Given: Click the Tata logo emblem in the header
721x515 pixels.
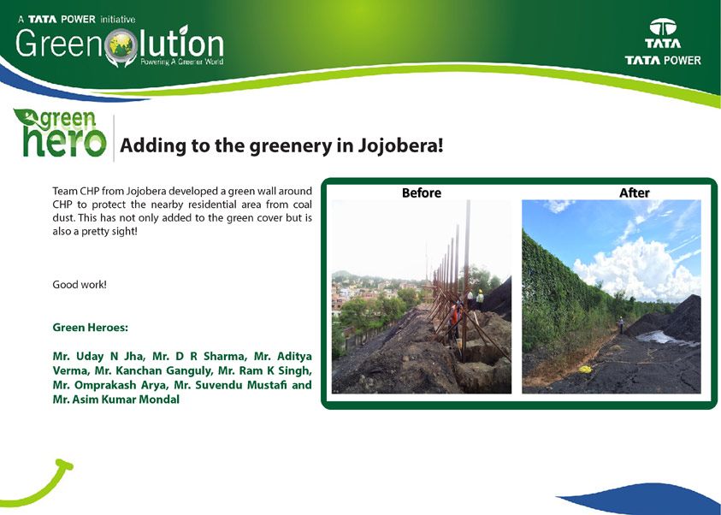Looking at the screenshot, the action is pos(663,27).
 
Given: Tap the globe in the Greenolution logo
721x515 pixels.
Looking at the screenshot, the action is pos(121,45).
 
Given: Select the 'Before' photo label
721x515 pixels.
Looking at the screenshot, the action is pos(421,192).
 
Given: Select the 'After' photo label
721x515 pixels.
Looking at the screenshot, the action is pos(635,192).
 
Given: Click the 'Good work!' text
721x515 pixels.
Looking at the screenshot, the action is pos(80,285).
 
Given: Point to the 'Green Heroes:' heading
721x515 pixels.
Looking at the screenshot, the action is pos(90,328).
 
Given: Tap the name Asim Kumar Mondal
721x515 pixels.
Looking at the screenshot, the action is pos(126,400).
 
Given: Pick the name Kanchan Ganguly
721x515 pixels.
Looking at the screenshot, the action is pos(164,370).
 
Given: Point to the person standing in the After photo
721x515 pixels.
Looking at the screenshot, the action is pos(621,324).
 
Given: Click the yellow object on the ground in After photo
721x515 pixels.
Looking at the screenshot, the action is pos(585,369).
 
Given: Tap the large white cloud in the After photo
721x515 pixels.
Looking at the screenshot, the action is pos(637,269).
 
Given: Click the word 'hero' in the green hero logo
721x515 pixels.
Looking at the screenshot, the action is pos(65,142).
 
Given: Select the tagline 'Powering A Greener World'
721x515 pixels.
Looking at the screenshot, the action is pos(181,62).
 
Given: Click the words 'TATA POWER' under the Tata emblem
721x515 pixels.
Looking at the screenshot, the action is pos(663,60).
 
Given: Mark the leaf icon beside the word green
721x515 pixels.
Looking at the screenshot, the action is pos(27,118).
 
